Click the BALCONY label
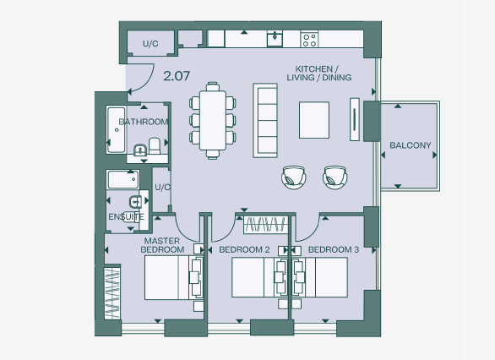click(x=410, y=145)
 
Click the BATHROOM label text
click(x=143, y=122)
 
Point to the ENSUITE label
click(x=126, y=217)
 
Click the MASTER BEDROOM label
click(x=161, y=245)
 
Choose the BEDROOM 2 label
click(x=244, y=250)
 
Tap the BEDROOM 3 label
click(x=333, y=250)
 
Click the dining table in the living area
click(x=214, y=119)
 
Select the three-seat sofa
click(x=267, y=119)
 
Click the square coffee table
click(x=315, y=119)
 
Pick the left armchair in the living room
click(x=293, y=177)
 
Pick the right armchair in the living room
click(x=335, y=177)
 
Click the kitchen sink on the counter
click(x=275, y=39)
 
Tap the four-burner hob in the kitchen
click(x=309, y=39)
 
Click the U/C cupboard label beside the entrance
click(x=150, y=43)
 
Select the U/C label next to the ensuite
click(x=162, y=187)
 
